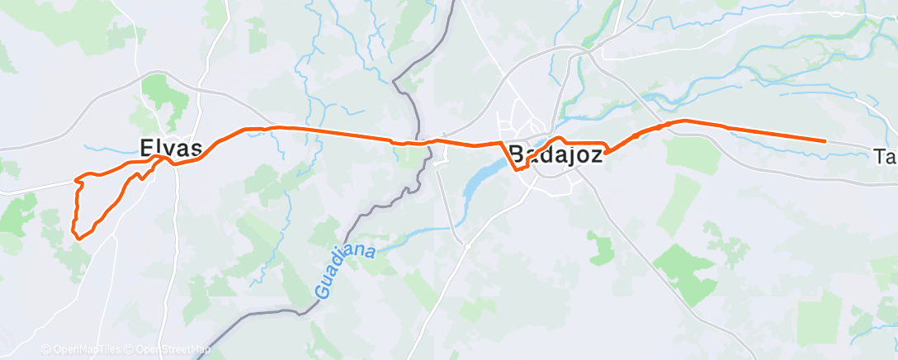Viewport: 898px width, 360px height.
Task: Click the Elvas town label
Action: coord(171,149)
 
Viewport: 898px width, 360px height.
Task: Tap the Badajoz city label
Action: coord(555,154)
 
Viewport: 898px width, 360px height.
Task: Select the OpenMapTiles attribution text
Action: coord(86,349)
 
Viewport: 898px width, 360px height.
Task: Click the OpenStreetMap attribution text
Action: coord(173,349)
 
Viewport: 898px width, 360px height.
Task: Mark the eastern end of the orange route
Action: coord(825,141)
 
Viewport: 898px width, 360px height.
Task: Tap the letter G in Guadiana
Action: coord(320,291)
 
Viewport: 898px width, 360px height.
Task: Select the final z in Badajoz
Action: coord(594,154)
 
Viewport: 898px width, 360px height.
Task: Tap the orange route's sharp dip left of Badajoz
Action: coord(518,168)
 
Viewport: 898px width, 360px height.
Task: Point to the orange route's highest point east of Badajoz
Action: coord(683,121)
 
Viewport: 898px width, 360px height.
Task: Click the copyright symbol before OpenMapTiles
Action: coord(46,349)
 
